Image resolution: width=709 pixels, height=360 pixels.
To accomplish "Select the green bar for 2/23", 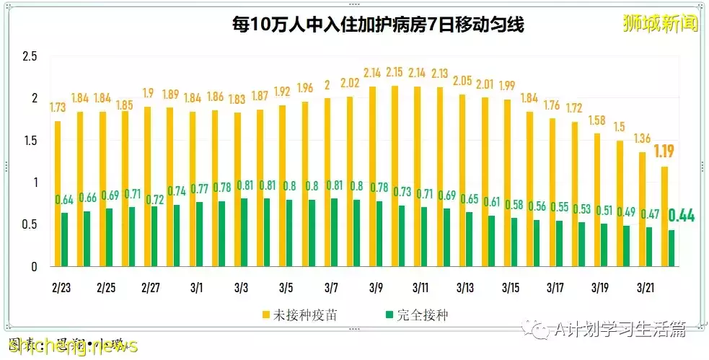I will [65, 240].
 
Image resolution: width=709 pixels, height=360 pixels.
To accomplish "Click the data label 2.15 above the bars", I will [394, 73].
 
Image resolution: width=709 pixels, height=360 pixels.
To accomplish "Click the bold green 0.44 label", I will [682, 215].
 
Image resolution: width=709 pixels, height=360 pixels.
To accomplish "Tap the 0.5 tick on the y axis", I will [30, 224].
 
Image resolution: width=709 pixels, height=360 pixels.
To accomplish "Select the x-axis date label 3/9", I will [376, 288].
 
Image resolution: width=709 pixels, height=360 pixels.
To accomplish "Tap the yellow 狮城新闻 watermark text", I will [661, 24].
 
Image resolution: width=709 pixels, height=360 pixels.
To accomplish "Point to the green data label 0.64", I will [65, 200].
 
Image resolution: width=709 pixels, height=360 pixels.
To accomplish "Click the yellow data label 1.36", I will [642, 138].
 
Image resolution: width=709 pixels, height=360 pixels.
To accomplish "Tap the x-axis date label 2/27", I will [151, 288].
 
